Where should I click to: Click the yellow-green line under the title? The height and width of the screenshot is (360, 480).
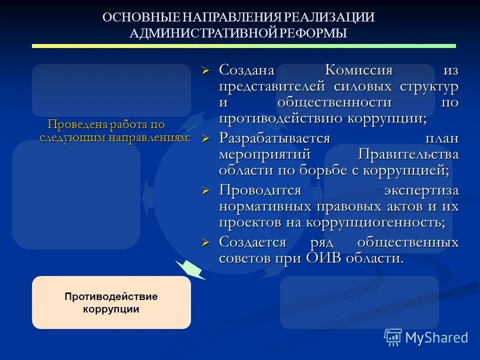pyautogui.click(x=243, y=46)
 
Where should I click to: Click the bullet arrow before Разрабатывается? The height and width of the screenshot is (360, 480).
pyautogui.click(x=204, y=138)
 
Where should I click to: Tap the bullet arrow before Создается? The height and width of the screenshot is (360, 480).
pyautogui.click(x=204, y=242)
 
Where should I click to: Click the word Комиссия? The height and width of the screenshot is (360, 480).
pyautogui.click(x=359, y=70)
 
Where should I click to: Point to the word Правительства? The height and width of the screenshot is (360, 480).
pyautogui.click(x=408, y=154)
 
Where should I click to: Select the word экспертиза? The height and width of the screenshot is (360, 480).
pyautogui.click(x=421, y=190)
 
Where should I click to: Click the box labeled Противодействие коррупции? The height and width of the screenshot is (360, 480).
pyautogui.click(x=111, y=302)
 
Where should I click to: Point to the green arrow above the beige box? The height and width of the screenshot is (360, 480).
pyautogui.click(x=190, y=269)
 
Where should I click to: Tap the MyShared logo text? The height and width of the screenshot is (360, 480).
pyautogui.click(x=436, y=337)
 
